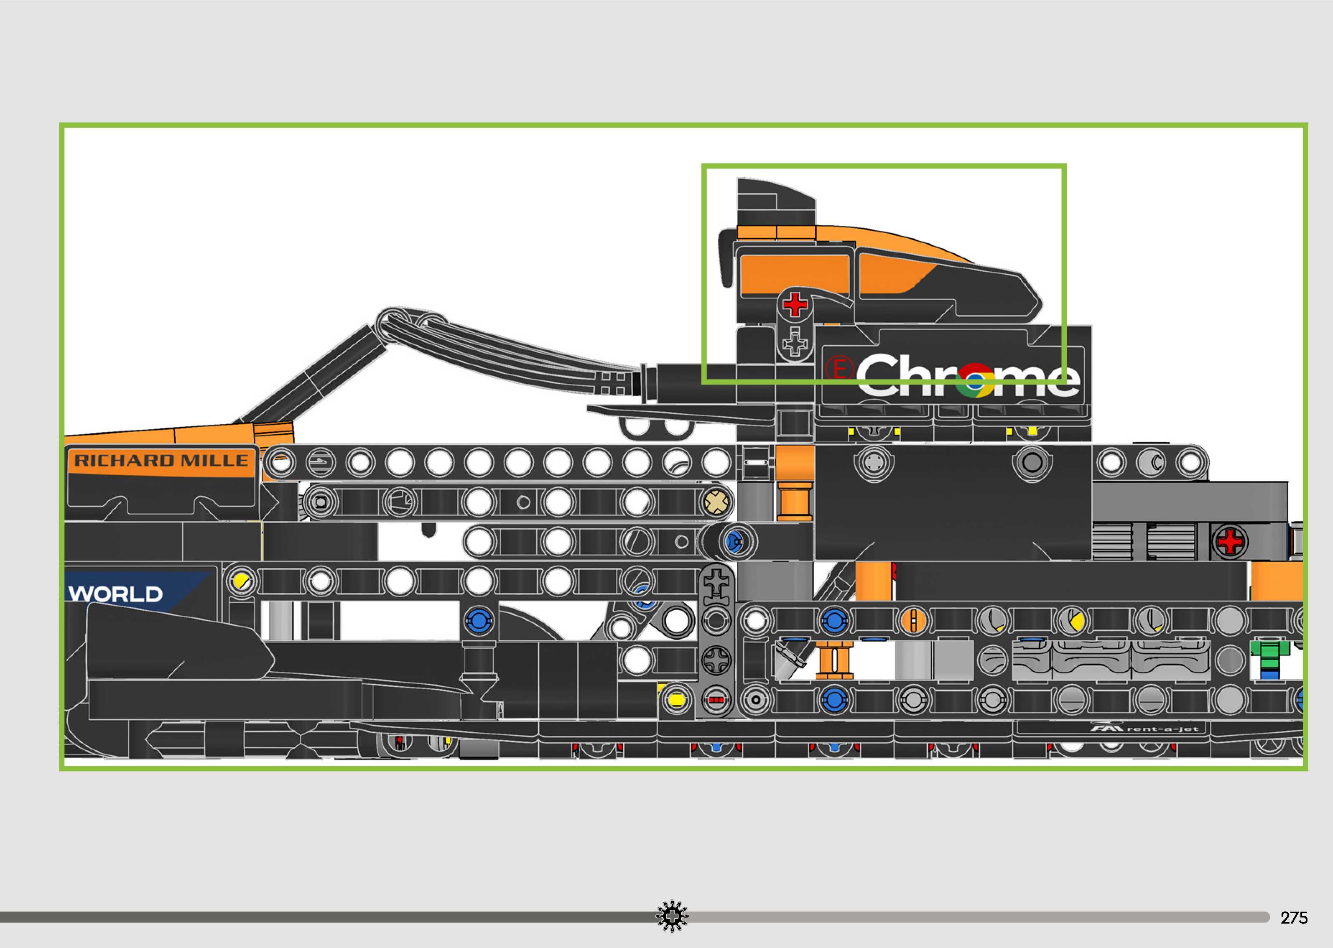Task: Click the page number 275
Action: tap(1293, 917)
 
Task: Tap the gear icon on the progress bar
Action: tap(672, 917)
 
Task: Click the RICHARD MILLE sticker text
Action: tap(161, 461)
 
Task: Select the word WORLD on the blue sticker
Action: tap(116, 594)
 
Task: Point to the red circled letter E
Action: tap(840, 369)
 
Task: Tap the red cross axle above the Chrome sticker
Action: tap(794, 304)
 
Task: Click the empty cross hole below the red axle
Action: tap(794, 341)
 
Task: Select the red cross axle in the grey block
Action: tap(1231, 542)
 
